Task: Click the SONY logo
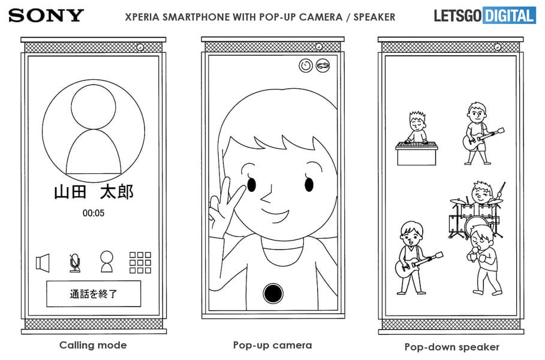click(46, 16)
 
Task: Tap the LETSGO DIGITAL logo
click(485, 16)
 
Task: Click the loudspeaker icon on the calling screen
click(43, 263)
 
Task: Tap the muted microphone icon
click(75, 263)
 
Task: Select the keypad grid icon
click(140, 263)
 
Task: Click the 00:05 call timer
click(94, 213)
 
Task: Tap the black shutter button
click(273, 293)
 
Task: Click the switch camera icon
click(323, 65)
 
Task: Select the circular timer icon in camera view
click(306, 65)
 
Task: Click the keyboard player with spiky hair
click(417, 139)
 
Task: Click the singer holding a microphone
click(485, 259)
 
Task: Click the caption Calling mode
click(93, 345)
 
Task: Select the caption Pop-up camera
click(272, 345)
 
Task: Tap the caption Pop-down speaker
click(452, 347)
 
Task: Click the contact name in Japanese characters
click(94, 192)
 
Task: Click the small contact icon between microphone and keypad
click(107, 262)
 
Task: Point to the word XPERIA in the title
click(142, 17)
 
